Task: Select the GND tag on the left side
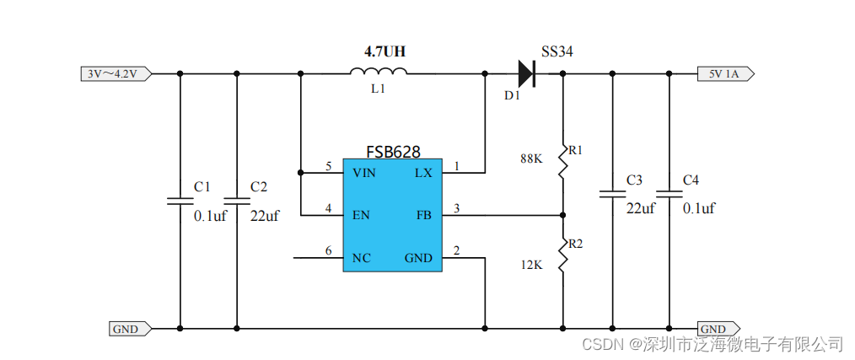(x=129, y=328)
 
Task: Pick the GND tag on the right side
(x=717, y=328)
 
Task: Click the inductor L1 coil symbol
(x=378, y=73)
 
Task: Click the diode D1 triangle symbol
(x=525, y=73)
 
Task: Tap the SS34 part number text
(x=557, y=52)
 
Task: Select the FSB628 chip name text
(x=392, y=152)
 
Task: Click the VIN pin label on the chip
(x=364, y=172)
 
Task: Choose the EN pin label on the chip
(x=361, y=215)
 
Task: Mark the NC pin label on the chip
(x=361, y=258)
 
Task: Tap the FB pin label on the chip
(x=423, y=215)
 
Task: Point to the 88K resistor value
(x=532, y=159)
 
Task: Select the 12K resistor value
(x=532, y=265)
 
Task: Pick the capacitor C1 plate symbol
(x=180, y=201)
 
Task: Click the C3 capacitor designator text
(x=634, y=180)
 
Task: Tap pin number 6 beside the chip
(x=328, y=250)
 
